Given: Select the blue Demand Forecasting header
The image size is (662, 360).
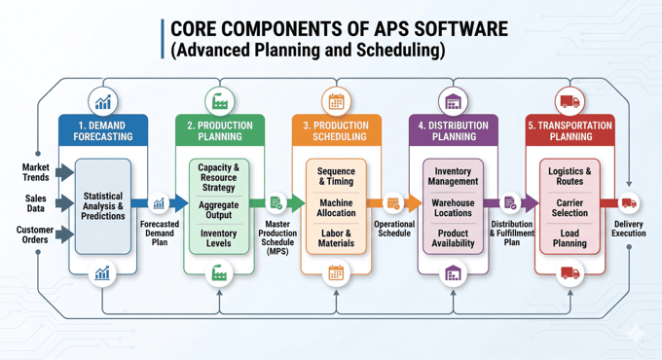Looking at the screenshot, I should click(x=102, y=131).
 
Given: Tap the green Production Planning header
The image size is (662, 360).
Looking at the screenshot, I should click(x=219, y=131).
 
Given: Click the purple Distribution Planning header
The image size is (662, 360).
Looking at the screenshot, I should click(x=453, y=131).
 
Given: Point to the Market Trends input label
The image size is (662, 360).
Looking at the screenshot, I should click(x=36, y=172).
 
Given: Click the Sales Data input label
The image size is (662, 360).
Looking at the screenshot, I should click(x=36, y=202).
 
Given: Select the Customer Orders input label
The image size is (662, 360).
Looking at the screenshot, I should click(x=35, y=234).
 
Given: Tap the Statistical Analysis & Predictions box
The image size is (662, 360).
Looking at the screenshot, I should click(x=103, y=206).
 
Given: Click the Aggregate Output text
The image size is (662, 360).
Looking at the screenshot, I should click(x=219, y=209).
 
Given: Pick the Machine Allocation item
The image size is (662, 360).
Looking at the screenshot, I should click(x=336, y=208).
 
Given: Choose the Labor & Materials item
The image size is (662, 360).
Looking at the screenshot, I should click(x=336, y=238).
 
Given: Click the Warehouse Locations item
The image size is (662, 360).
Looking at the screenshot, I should click(x=453, y=208).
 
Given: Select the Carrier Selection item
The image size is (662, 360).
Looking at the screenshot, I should click(x=570, y=207).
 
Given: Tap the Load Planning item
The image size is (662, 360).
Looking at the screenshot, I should click(x=570, y=238).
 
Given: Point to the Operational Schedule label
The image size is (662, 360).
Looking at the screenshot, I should click(x=393, y=228).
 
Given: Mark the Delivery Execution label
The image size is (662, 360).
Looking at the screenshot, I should click(x=629, y=228).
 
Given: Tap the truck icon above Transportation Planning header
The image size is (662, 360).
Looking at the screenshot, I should click(x=570, y=101).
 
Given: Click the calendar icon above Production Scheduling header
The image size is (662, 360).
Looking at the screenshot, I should click(x=336, y=101).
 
